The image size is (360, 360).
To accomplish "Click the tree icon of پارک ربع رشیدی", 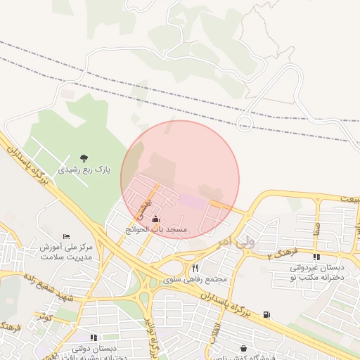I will tap(84, 158).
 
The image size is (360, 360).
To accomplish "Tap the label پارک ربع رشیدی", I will tap(84, 169).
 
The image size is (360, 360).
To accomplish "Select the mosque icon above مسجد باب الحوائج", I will tap(155, 219).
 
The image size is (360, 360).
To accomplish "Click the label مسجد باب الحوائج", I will tap(156, 230).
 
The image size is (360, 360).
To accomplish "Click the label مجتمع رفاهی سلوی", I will tap(197, 279).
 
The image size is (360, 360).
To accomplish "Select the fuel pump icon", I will tap(266, 314).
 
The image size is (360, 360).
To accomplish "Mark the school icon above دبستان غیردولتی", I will tap(316, 257).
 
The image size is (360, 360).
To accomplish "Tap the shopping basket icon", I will tap(243, 348).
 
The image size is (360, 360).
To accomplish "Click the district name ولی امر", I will tap(234, 240).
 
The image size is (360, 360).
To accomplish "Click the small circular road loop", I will tap(245, 123).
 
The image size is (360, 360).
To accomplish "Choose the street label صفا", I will tap(318, 228).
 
